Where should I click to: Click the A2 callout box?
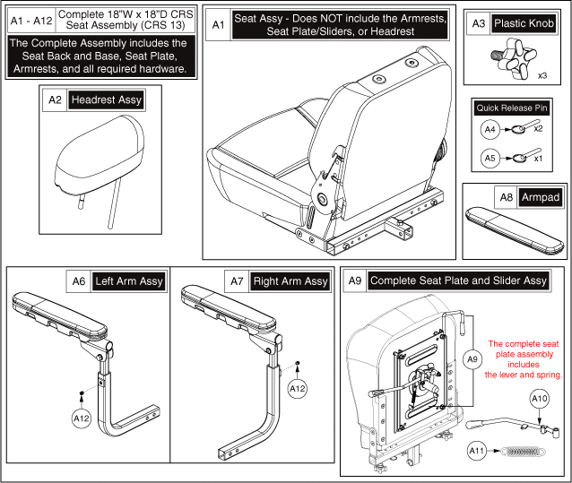54,100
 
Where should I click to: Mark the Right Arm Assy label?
291,281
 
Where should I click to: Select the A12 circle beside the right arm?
299,389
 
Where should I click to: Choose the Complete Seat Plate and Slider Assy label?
457,281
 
